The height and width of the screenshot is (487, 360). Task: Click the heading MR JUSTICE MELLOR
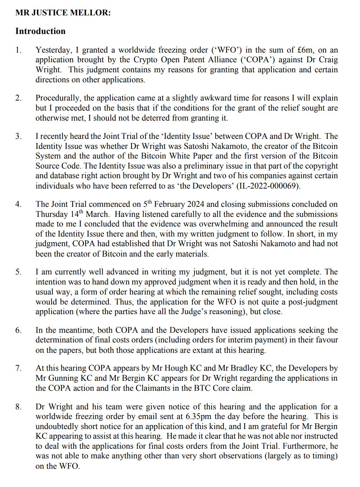[x=63, y=13]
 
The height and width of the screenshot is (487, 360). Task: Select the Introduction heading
[x=40, y=31]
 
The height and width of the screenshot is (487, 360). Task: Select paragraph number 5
[x=18, y=272]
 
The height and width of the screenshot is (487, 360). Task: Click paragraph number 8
[x=18, y=406]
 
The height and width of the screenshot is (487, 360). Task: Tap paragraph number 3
[x=18, y=136]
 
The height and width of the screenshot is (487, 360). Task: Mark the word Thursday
[x=51, y=214]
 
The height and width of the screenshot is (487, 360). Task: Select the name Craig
[x=328, y=60]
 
